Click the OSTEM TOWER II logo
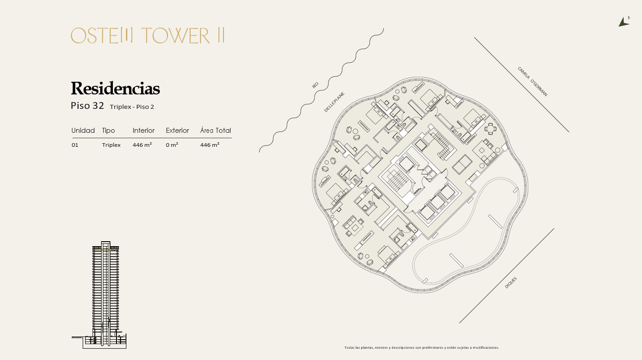148,36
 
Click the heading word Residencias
115,89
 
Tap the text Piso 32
87,106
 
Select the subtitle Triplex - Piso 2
132,107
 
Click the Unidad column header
83,131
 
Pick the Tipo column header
108,131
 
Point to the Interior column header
143,131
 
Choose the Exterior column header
177,131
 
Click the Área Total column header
215,130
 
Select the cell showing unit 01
75,145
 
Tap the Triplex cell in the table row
111,145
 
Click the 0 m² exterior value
172,145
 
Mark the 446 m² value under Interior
142,145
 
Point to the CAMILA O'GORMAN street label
532,81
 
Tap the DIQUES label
511,283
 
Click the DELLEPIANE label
334,102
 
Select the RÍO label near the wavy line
315,85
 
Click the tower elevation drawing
99,295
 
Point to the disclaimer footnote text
422,347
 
